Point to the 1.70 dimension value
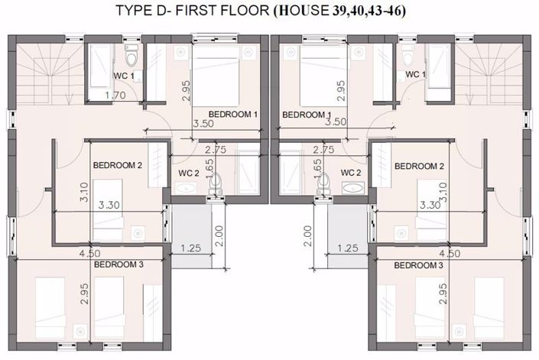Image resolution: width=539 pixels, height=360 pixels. pyautogui.click(x=115, y=96)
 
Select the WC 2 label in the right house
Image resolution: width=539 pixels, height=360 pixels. pyautogui.click(x=351, y=172)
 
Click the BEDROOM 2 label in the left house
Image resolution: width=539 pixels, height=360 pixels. pyautogui.click(x=118, y=165)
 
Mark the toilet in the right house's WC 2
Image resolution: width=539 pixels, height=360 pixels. pyautogui.click(x=324, y=181)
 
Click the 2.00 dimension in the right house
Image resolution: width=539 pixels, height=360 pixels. pyautogui.click(x=307, y=234)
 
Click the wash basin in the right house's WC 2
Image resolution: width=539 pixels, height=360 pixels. pyautogui.click(x=352, y=188)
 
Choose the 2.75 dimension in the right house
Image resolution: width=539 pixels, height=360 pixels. pyautogui.click(x=326, y=151)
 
